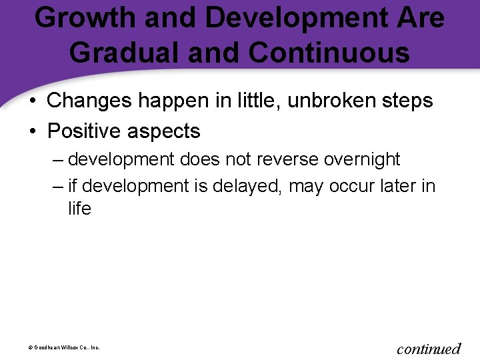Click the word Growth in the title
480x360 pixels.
(85, 18)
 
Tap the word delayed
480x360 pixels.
(249, 186)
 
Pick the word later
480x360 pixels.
(396, 186)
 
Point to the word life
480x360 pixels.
(79, 209)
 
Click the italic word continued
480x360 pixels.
(429, 349)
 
